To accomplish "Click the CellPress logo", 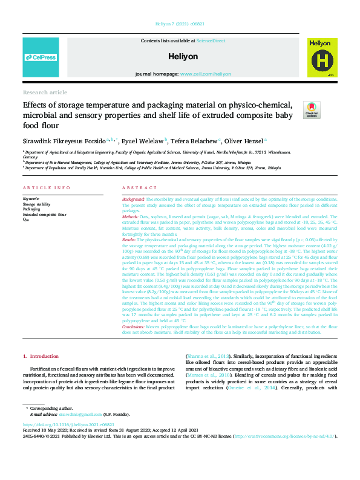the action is coord(41,57).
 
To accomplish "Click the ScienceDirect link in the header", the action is coord(211,41).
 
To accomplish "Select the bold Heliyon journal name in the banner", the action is coord(180,56).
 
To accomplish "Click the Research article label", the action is coord(45,92).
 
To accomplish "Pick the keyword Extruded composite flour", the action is coord(45,215).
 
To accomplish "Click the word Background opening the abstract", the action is coord(133,198).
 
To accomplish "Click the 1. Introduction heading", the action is coord(42,357).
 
